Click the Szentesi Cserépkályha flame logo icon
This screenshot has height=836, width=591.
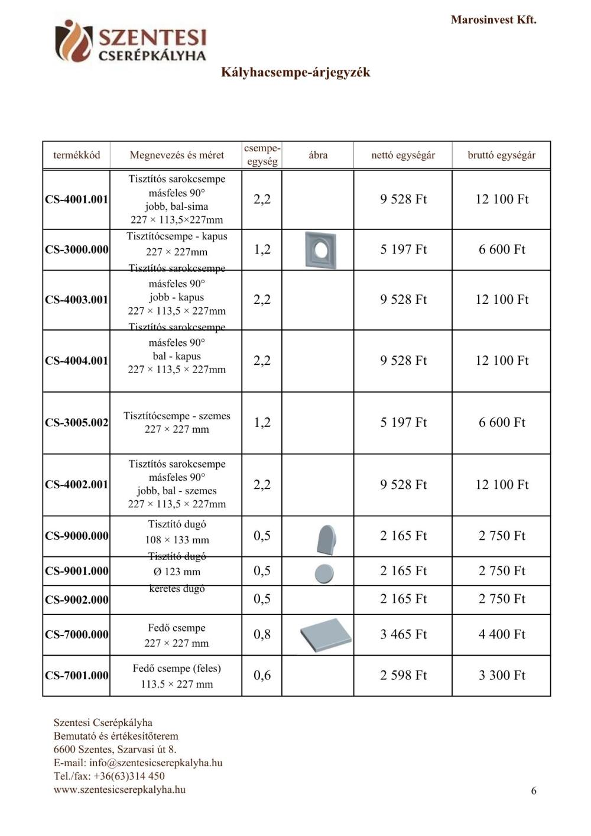pos(73,40)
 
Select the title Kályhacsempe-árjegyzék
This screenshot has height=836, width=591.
pos(295,72)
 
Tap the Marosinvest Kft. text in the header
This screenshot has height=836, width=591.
pos(493,20)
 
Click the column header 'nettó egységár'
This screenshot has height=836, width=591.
pos(403,155)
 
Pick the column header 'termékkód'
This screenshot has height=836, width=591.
pos(77,155)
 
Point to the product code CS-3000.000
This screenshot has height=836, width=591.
pos(77,249)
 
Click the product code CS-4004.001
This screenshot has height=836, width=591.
pos(77,361)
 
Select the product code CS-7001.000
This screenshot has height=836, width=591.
pos(77,675)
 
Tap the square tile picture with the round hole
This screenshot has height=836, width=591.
pos(320,250)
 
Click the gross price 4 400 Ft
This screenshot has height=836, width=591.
pos(502,634)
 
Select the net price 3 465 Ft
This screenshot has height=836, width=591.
pos(403,634)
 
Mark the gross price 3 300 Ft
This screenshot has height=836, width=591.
pos(502,675)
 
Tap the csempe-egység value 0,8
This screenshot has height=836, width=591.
pos(262,634)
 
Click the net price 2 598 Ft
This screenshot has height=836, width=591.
pos(403,675)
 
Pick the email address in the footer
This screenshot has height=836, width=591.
pos(156,763)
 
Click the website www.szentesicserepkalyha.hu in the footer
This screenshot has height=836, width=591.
pos(119,789)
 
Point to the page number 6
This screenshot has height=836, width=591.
pos(534,791)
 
